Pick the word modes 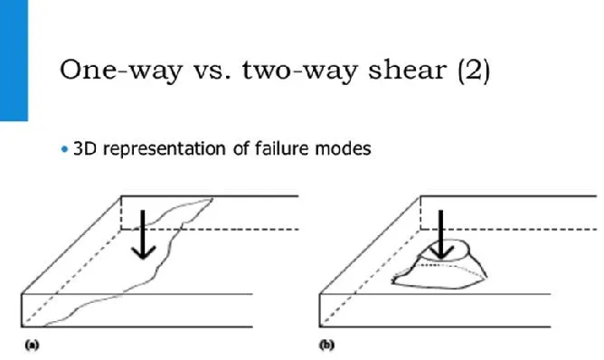tap(343, 148)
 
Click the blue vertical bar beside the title tap(14, 60)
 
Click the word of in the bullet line tap(241, 148)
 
